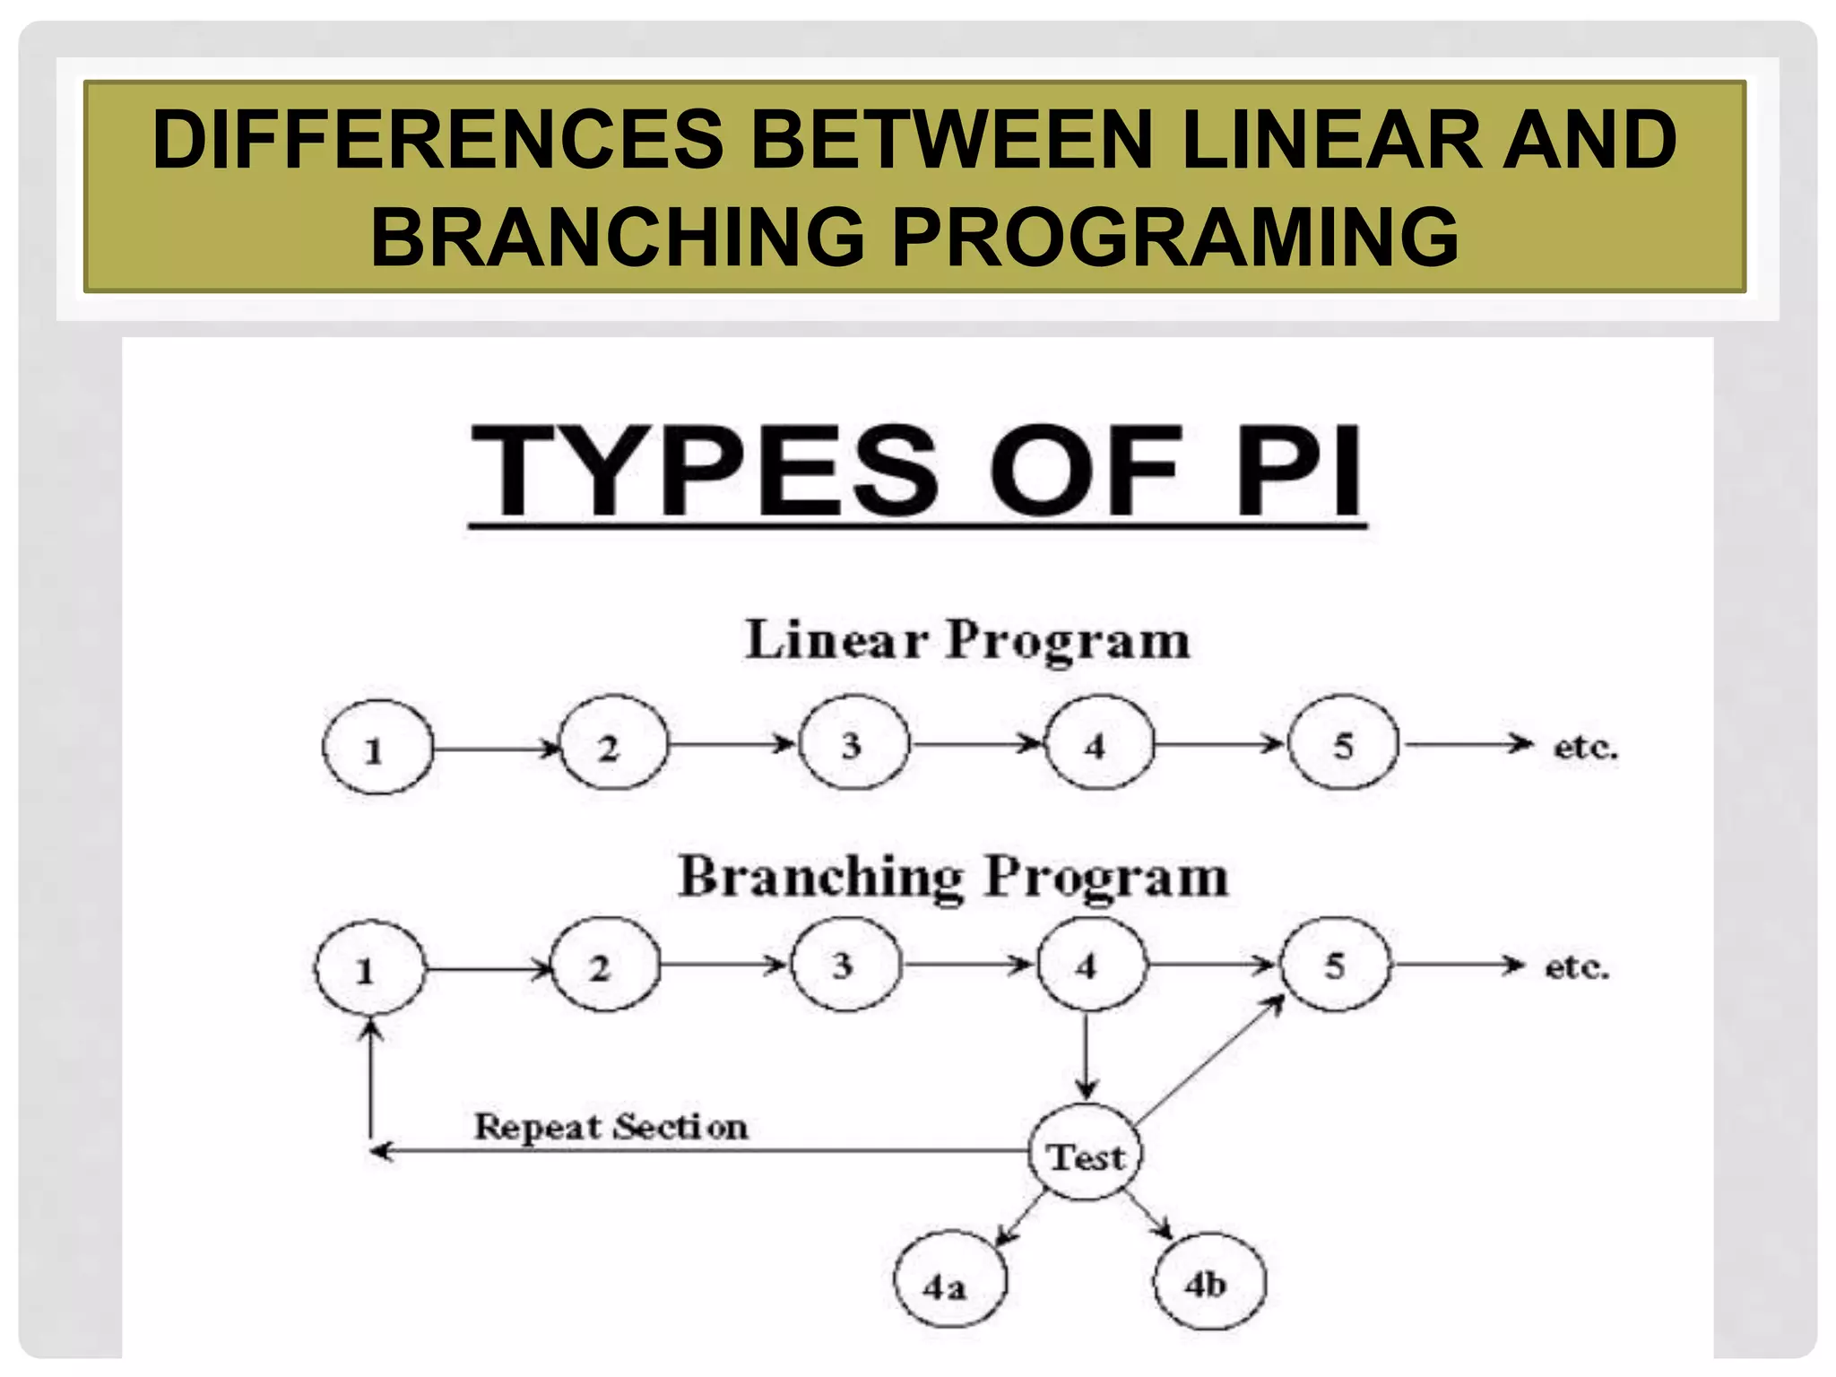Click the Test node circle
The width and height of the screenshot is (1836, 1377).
[x=1086, y=1155]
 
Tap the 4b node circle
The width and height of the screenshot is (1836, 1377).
[x=1208, y=1281]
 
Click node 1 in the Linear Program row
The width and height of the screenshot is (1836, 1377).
[x=377, y=748]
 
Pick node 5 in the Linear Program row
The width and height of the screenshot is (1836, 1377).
[x=1342, y=743]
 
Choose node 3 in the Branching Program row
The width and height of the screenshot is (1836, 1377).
[x=844, y=965]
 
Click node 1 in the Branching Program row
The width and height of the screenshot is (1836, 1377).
[x=368, y=968]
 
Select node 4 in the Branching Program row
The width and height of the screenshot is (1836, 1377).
[x=1090, y=965]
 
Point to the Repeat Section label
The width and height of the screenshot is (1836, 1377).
[x=611, y=1126]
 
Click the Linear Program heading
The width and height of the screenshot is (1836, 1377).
[x=967, y=641]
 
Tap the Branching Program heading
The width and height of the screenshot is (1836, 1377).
[x=953, y=876]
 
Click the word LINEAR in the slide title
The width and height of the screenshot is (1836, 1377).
[x=1328, y=140]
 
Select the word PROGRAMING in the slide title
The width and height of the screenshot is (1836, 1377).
[x=1174, y=237]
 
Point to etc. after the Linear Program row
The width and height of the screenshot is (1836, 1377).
[x=1585, y=746]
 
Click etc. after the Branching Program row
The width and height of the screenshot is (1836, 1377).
[x=1577, y=966]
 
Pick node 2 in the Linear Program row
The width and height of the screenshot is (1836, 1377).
[x=613, y=744]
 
